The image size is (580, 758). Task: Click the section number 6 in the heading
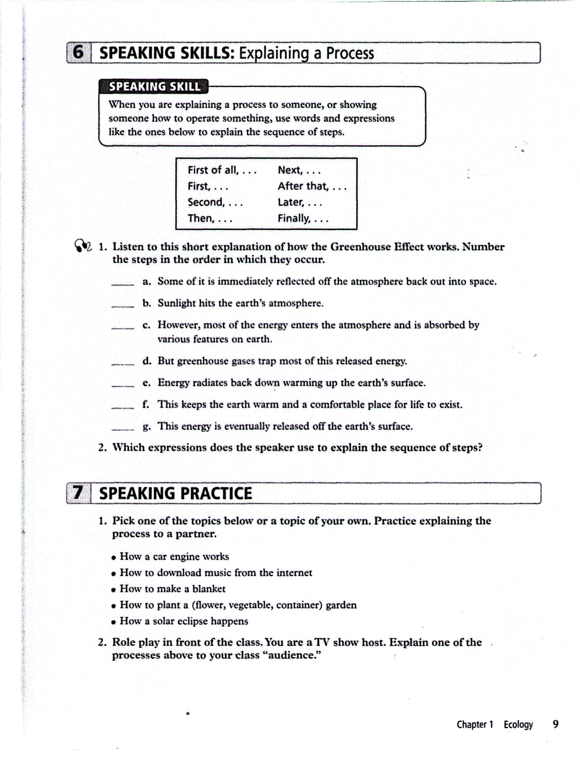[78, 53]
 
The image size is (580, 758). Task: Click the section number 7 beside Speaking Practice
[78, 493]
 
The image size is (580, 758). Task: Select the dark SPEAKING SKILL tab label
[154, 86]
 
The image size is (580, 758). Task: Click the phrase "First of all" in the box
[213, 170]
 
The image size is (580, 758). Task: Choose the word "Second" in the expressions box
[206, 202]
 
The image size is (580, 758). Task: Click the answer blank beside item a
[122, 284]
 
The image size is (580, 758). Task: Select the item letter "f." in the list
[146, 404]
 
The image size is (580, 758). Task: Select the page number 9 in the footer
[556, 724]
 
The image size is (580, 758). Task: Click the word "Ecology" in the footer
[518, 724]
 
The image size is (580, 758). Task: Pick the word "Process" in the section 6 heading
[350, 53]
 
